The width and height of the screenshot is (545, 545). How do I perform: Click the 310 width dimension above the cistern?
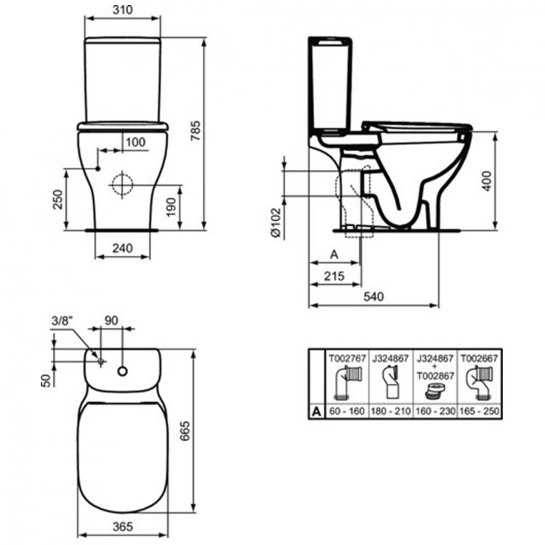click(123, 9)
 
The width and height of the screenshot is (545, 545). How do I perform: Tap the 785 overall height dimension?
click(196, 130)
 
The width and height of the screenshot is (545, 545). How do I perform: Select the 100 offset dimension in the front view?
click(136, 142)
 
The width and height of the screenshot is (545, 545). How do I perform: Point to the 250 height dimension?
click(58, 200)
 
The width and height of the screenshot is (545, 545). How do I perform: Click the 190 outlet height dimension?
click(171, 207)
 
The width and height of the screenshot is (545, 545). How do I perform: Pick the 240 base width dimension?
click(122, 249)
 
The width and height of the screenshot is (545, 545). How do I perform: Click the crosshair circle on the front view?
click(122, 185)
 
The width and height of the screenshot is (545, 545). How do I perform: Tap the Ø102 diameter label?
click(275, 223)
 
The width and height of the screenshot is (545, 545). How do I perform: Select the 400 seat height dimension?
click(487, 181)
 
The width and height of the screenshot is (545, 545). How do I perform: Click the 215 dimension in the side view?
click(334, 276)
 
